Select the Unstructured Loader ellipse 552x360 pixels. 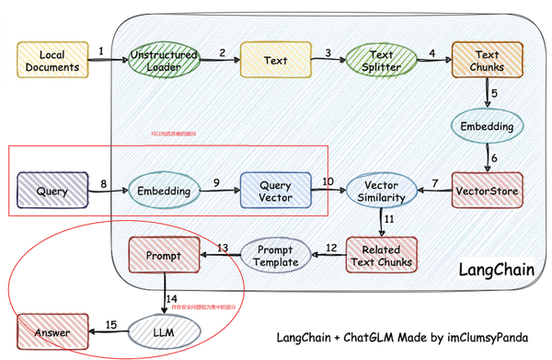pos(163,61)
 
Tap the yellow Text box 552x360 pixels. pos(275,61)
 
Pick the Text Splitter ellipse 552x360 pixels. pos(380,61)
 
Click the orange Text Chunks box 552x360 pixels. pos(485,61)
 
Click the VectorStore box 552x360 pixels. pos(487,192)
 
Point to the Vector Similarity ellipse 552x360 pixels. pos(381,192)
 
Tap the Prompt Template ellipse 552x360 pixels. pos(277,255)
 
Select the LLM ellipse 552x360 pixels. pos(163,328)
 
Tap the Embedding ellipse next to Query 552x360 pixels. pos(163,192)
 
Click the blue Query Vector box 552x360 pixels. pos(275,192)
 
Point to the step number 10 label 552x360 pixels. pos(328,181)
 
